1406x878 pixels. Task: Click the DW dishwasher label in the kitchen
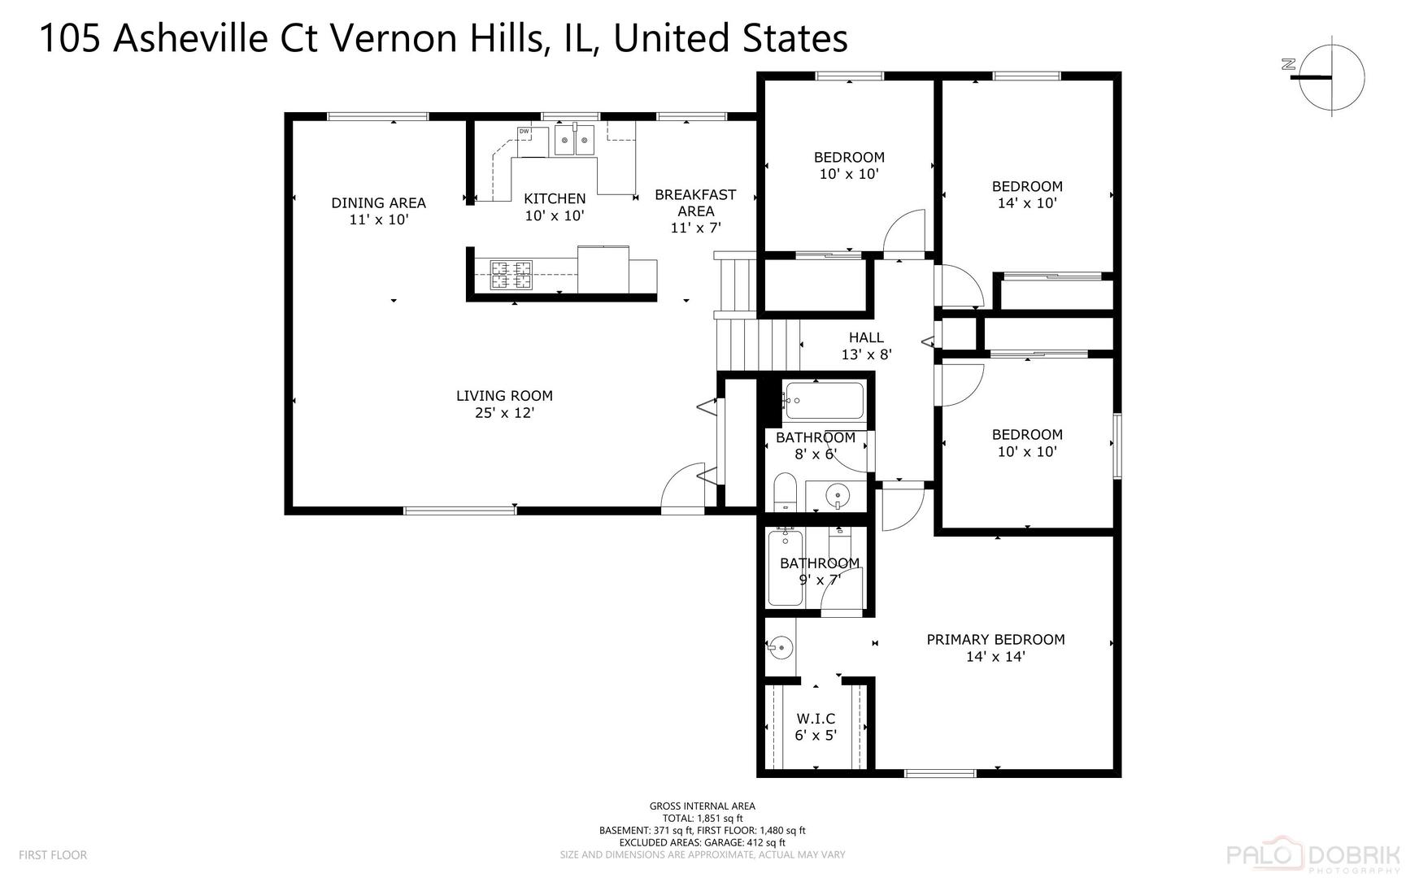coord(524,131)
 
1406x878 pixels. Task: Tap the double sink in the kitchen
coord(574,140)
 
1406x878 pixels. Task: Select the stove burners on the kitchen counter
coord(511,275)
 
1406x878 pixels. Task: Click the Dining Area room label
coord(378,202)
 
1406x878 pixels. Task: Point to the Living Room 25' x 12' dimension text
coord(504,413)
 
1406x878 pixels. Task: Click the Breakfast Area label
coord(695,202)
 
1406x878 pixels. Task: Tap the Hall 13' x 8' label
coord(866,346)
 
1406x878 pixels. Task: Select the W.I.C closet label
coord(816,719)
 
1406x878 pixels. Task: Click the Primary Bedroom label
coord(995,640)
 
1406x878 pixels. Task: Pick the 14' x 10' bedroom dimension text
coord(1027,203)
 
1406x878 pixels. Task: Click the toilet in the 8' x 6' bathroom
coord(785,491)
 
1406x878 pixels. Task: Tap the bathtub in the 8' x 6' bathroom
coord(823,401)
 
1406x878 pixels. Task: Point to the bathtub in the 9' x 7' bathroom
coord(786,567)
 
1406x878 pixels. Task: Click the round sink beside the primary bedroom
coord(780,647)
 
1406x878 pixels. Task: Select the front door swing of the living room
coord(683,489)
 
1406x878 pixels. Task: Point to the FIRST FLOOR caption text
coord(53,855)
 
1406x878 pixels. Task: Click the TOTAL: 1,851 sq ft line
coord(703,819)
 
